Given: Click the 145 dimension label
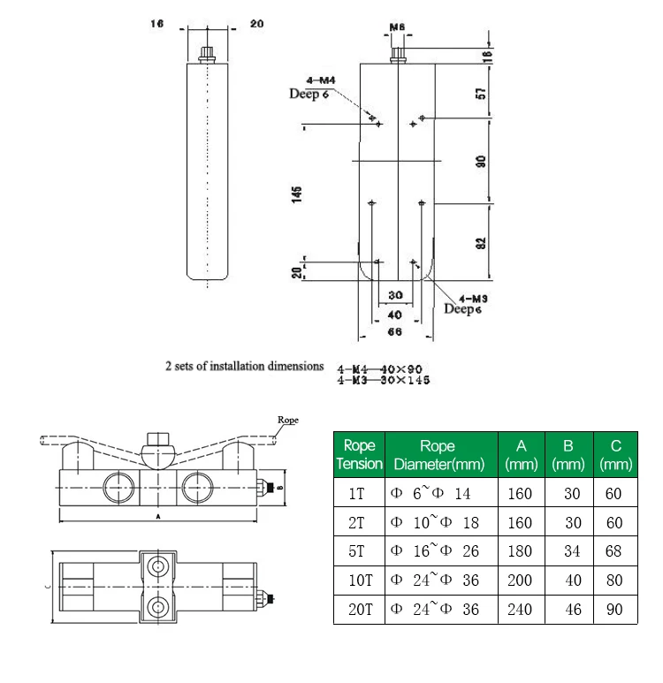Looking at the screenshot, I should [x=298, y=193].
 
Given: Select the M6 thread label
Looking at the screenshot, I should [x=398, y=28].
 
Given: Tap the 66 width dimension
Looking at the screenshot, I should [x=395, y=331].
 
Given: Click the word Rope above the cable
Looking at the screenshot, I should [x=288, y=420].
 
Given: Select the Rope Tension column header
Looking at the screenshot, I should [x=360, y=454].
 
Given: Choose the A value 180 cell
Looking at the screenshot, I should [x=521, y=551].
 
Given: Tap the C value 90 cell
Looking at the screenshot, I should [x=614, y=610].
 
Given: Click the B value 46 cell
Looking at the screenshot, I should [x=568, y=610].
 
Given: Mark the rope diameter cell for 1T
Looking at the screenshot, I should [x=437, y=493].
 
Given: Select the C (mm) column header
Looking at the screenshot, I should [x=614, y=454].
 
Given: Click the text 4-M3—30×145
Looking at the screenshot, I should [x=388, y=381].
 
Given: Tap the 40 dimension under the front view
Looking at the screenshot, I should [x=394, y=314].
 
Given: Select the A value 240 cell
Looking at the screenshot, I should [x=521, y=610].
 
